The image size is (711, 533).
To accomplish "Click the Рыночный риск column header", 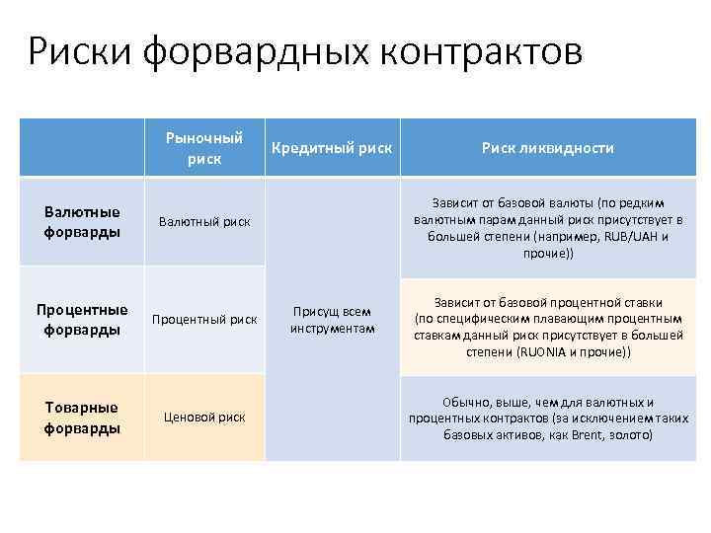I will point(204,148).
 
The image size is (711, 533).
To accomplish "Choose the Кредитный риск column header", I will point(332,148).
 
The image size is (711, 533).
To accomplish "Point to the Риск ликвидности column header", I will point(548,148).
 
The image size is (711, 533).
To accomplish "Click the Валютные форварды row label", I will point(82,222).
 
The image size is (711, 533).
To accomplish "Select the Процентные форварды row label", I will point(82,320).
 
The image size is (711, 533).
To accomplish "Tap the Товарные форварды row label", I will point(82,418).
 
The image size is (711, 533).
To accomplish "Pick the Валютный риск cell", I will point(204,222).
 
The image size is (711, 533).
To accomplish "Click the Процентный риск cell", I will point(204,320).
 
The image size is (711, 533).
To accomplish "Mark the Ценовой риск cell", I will point(204,418).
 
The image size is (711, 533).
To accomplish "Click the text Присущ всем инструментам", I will point(332,320).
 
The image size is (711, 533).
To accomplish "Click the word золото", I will point(629,433).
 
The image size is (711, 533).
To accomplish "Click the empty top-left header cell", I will point(82,148).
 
